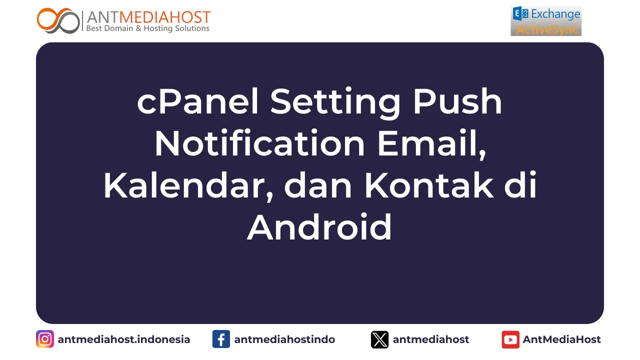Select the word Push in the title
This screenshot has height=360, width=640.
tap(457, 102)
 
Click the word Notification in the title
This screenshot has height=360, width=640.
tap(259, 144)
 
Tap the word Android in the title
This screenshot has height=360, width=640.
tap(319, 228)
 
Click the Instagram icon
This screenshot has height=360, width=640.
tap(45, 339)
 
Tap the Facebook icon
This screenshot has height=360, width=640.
tap(221, 339)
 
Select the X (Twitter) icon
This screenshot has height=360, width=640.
tap(379, 339)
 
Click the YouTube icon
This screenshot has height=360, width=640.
tap(510, 339)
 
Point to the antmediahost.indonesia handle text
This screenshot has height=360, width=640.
tap(124, 339)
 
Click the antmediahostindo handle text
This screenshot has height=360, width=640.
tap(284, 339)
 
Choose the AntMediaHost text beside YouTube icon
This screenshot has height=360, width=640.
tap(561, 339)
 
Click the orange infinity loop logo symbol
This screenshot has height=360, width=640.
tap(58, 20)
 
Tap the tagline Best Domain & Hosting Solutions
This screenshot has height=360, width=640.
tap(147, 29)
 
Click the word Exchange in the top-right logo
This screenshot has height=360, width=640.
tap(555, 14)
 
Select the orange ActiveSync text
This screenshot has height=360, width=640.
tap(547, 29)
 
